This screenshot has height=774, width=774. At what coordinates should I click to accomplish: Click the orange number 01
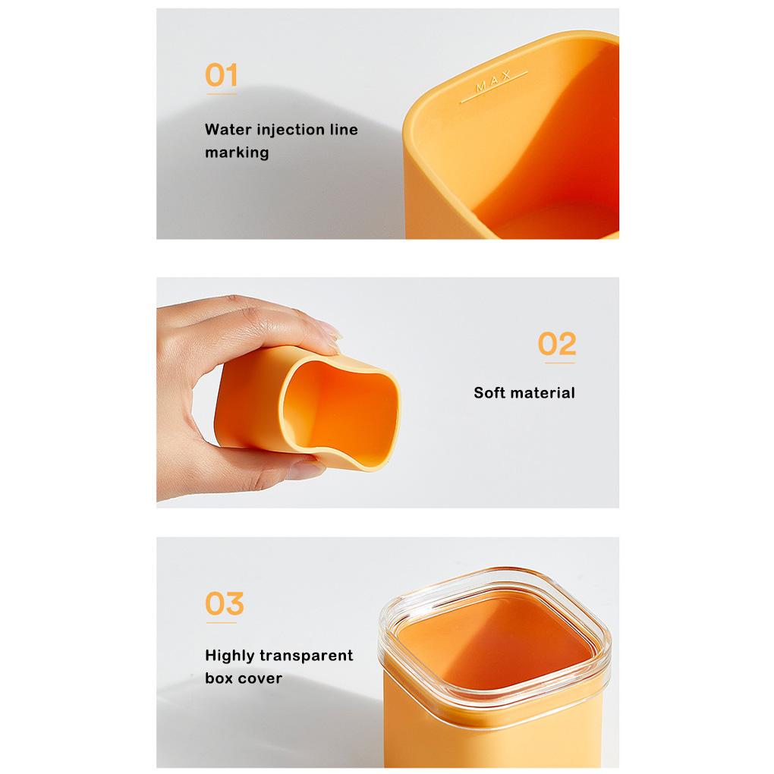tap(221, 75)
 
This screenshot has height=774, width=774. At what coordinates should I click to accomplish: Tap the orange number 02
tap(557, 344)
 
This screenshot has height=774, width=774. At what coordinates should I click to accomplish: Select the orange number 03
tap(225, 603)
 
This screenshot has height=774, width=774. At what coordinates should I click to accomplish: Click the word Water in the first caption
tap(228, 129)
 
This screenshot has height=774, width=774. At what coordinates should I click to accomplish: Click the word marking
tap(237, 153)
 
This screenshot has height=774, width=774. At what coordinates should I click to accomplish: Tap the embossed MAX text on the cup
tap(493, 82)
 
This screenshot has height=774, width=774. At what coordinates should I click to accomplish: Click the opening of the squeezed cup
tap(341, 409)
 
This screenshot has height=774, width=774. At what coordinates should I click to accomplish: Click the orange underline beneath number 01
tap(221, 94)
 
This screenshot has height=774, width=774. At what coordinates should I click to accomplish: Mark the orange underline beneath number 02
tap(560, 363)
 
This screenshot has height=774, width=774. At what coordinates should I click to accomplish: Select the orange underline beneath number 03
tap(221, 622)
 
